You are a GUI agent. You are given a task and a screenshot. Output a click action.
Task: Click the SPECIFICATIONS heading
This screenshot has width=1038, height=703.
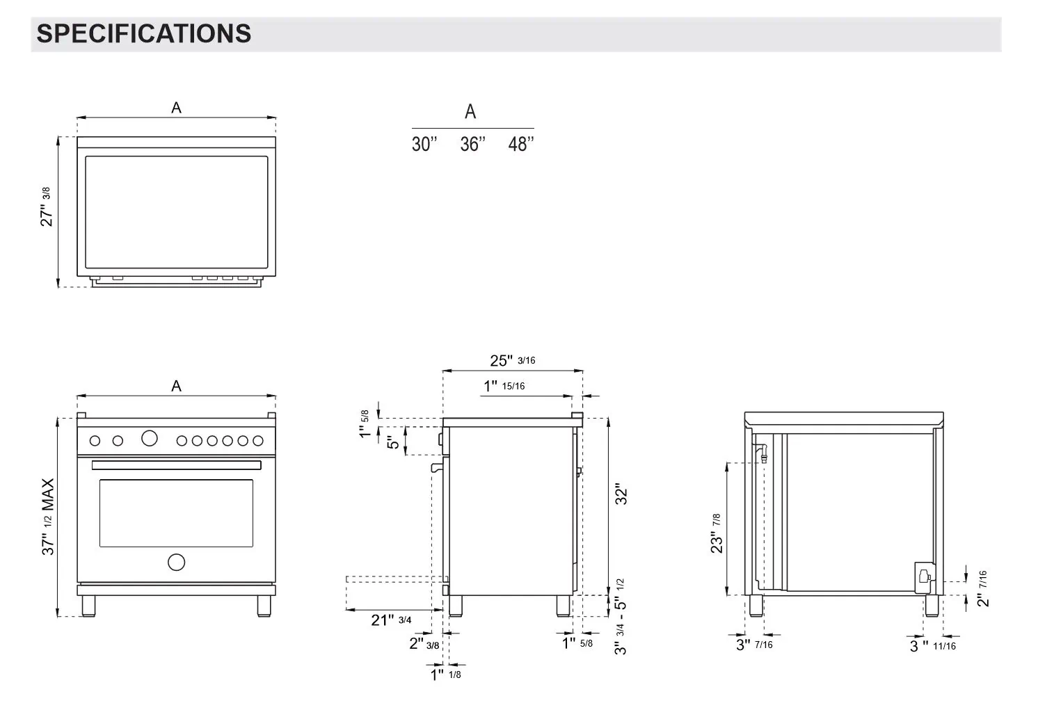point(143,34)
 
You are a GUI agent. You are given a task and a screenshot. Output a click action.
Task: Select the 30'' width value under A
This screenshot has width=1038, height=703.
point(424,144)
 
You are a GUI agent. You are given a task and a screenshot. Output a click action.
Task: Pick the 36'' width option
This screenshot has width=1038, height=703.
point(472,144)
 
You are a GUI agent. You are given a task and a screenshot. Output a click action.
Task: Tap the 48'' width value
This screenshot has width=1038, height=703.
point(521,144)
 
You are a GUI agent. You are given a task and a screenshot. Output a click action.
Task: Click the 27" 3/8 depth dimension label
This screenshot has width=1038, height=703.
point(47,207)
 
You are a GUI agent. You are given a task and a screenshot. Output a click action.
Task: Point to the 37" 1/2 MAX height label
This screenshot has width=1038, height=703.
point(48,517)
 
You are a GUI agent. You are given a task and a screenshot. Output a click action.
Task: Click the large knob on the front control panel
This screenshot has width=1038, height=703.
point(149,438)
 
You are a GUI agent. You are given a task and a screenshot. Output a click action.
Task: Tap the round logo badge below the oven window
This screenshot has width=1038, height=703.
point(176,563)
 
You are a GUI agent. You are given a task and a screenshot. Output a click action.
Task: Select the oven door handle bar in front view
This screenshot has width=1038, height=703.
point(176,465)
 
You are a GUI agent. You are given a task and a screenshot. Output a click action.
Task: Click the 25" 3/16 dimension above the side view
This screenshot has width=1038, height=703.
point(513,360)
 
